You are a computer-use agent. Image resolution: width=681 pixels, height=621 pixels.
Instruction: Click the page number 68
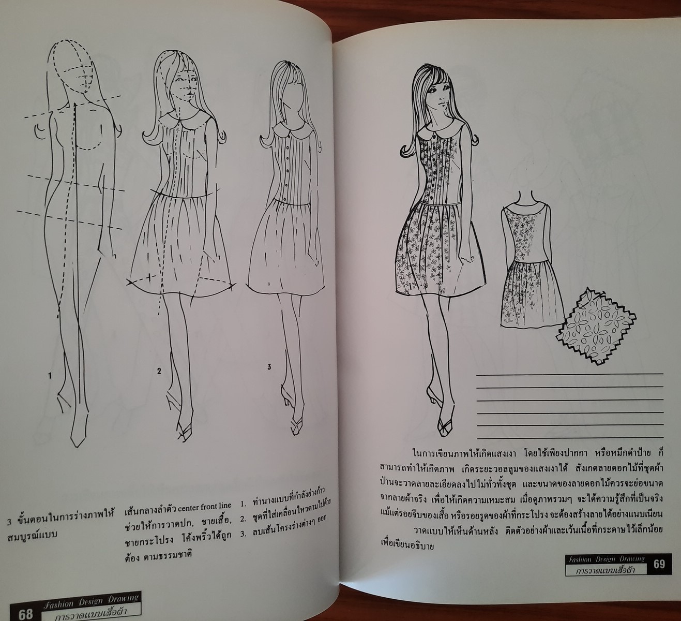(x=26, y=614)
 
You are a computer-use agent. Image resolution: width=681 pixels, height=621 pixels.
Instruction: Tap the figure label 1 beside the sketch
(x=50, y=376)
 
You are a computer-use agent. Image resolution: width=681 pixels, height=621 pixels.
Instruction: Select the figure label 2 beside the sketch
(x=159, y=371)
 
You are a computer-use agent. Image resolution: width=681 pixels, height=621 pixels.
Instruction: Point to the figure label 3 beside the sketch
(x=269, y=367)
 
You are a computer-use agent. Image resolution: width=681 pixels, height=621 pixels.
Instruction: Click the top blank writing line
(x=570, y=374)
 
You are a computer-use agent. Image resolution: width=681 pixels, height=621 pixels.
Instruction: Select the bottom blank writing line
(x=570, y=437)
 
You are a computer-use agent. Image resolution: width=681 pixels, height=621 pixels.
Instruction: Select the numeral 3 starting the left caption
(x=9, y=521)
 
